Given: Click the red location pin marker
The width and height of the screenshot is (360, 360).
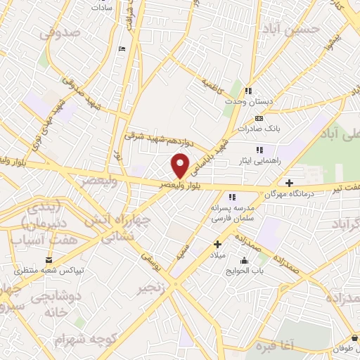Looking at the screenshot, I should click(x=181, y=165).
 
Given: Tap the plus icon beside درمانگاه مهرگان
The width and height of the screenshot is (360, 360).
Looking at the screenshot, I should click(x=290, y=183).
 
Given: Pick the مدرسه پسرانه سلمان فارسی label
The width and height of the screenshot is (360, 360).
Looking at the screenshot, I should click(x=231, y=214).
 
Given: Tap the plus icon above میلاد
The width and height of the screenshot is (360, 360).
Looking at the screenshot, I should click(x=218, y=244).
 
